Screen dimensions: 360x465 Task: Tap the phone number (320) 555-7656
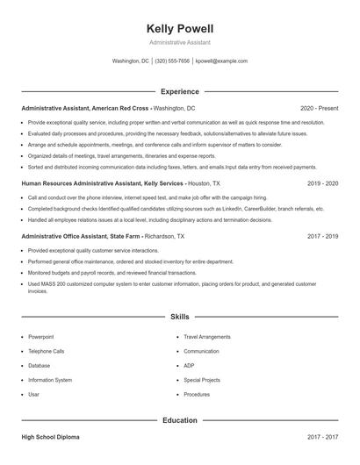click(x=172, y=61)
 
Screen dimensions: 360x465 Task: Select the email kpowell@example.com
click(x=221, y=61)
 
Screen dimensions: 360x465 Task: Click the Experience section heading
click(x=180, y=91)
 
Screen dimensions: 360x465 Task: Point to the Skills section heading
click(x=180, y=316)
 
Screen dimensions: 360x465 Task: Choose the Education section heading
click(x=180, y=420)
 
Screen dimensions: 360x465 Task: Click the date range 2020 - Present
click(x=319, y=108)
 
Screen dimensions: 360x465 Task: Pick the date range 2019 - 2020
click(x=322, y=184)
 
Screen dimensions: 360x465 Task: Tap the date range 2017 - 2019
click(x=322, y=236)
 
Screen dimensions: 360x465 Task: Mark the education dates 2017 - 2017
click(x=322, y=436)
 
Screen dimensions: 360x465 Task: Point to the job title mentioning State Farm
click(x=77, y=236)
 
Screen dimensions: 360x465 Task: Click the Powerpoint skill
click(x=40, y=337)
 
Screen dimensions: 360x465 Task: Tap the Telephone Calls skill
click(x=46, y=351)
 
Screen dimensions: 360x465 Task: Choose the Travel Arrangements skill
click(x=207, y=337)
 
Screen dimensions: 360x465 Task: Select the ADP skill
click(x=189, y=366)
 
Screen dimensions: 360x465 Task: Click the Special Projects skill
click(x=202, y=380)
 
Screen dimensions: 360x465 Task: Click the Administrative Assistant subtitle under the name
click(x=180, y=42)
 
